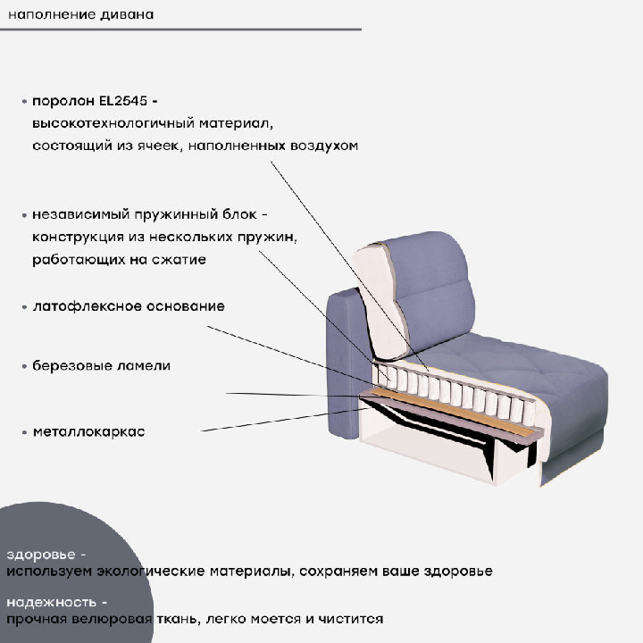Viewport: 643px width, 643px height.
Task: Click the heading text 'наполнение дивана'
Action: click(80, 15)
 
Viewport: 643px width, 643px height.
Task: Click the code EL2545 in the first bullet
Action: click(123, 101)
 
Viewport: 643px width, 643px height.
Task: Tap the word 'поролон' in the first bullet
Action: click(63, 102)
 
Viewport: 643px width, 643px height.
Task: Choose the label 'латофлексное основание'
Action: click(129, 306)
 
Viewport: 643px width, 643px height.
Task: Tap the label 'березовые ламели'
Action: click(101, 365)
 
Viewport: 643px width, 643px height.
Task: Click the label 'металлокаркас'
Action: click(89, 432)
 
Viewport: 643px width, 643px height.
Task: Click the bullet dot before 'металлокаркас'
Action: click(25, 432)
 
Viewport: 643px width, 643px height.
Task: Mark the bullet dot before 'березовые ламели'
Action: click(25, 366)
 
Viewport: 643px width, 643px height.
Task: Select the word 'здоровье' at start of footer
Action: click(41, 555)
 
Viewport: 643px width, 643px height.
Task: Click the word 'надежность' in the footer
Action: click(52, 603)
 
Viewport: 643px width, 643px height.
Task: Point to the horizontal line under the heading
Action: click(180, 29)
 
